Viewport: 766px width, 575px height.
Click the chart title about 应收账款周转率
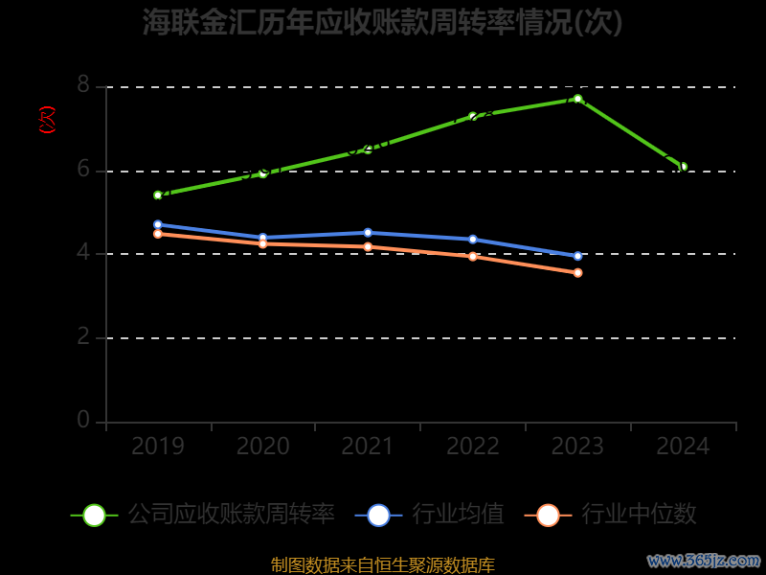coord(383,22)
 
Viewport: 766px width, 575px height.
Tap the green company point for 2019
coord(158,195)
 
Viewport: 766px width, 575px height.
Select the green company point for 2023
coord(577,99)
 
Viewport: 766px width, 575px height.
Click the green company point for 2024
coord(683,166)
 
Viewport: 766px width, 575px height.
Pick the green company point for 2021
coord(368,149)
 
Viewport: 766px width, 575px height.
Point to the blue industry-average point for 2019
coord(158,224)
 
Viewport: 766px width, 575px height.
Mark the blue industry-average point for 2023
coord(577,256)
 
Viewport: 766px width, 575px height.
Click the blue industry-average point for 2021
coord(368,233)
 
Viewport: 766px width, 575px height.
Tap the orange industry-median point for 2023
coord(577,273)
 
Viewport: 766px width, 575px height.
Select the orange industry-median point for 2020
coord(262,243)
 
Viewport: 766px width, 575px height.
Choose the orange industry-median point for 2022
coord(473,256)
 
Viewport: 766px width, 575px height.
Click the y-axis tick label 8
coord(83,86)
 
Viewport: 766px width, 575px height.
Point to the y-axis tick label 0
coord(83,421)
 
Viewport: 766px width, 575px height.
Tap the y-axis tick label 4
coord(83,253)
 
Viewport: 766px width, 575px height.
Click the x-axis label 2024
coord(683,447)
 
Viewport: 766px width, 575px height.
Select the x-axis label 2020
coord(262,447)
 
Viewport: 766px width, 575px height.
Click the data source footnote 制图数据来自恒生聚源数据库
coord(383,565)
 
